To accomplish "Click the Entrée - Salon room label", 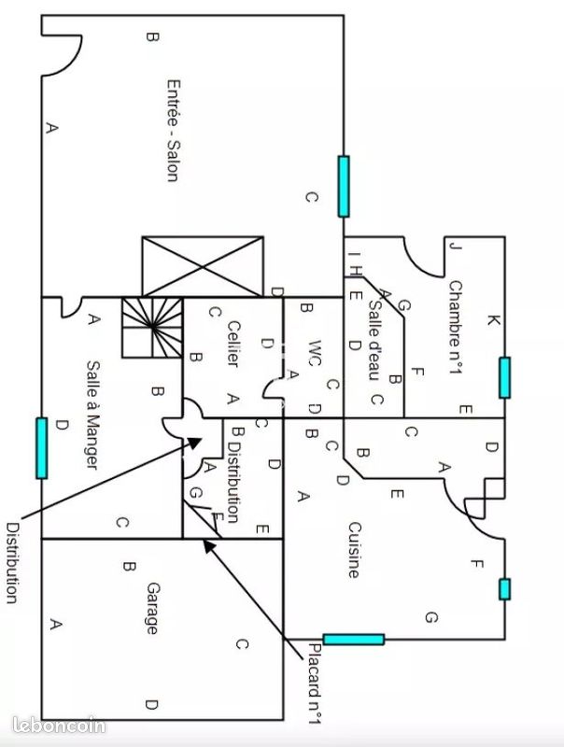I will point(172,129).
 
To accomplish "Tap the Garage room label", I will point(151,609).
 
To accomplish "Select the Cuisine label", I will point(353,549).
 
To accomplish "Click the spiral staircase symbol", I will point(150,328).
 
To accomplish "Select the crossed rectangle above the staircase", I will point(202,266).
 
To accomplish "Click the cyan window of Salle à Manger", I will point(41,447).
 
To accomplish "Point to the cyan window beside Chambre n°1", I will point(504,377).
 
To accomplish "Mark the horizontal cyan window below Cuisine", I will point(353,640).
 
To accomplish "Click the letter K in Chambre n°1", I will point(494,321).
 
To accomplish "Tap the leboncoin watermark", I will point(61,725).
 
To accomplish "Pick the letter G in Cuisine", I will point(430,617).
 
